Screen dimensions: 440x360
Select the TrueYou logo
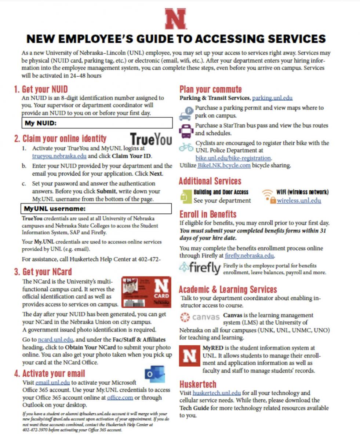click(x=151, y=139)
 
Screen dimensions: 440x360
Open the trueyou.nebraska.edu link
click(x=59, y=156)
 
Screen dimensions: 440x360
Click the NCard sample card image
click(x=146, y=292)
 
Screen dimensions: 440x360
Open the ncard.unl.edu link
click(x=51, y=340)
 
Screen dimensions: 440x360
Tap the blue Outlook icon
click(x=154, y=374)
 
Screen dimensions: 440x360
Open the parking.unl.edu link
click(x=272, y=98)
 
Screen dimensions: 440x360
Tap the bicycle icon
click(x=186, y=147)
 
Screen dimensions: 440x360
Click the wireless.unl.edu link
click(x=299, y=200)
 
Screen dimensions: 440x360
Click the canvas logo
click(x=200, y=316)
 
